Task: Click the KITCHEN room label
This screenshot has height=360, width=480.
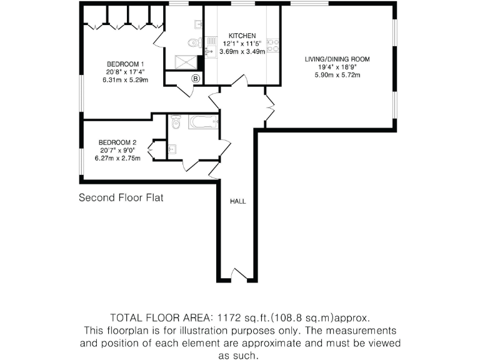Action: coord(241,36)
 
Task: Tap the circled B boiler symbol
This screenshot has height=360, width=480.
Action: coord(196,78)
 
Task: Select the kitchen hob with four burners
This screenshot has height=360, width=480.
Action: coord(273,45)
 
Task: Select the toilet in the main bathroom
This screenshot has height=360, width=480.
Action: coord(176,123)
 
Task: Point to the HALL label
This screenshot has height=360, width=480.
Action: coord(238,201)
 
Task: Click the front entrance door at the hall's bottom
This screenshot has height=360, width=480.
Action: coord(238,276)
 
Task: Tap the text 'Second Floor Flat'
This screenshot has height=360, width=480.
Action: coord(121,198)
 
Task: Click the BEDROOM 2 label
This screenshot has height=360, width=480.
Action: coord(117,142)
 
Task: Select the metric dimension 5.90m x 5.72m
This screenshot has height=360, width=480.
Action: coord(337,75)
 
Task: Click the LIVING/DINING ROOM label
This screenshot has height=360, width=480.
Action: coord(337,59)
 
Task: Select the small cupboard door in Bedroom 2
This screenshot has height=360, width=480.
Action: coord(152,149)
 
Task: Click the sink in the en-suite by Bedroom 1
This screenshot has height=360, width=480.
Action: coord(197,25)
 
